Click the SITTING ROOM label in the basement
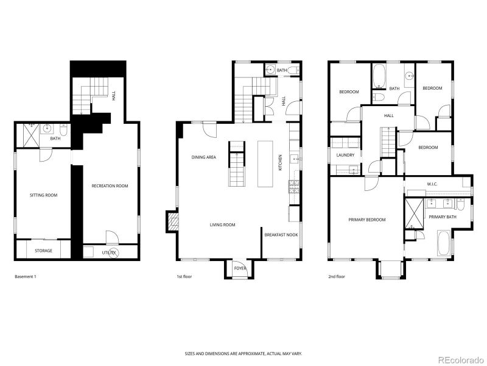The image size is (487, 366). (x=44, y=195)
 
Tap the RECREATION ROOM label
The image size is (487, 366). (x=110, y=186)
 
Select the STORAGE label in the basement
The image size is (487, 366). (x=43, y=251)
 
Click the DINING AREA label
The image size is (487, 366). (x=204, y=157)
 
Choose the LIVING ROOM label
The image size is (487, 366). (x=222, y=224)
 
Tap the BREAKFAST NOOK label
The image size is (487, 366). (x=281, y=234)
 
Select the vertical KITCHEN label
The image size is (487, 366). (x=280, y=162)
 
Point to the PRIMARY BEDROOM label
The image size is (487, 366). (x=366, y=220)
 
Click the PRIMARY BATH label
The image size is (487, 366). (x=442, y=217)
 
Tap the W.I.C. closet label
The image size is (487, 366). (x=433, y=184)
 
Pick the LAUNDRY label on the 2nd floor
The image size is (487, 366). (x=345, y=155)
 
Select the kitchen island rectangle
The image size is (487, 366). (x=265, y=163)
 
